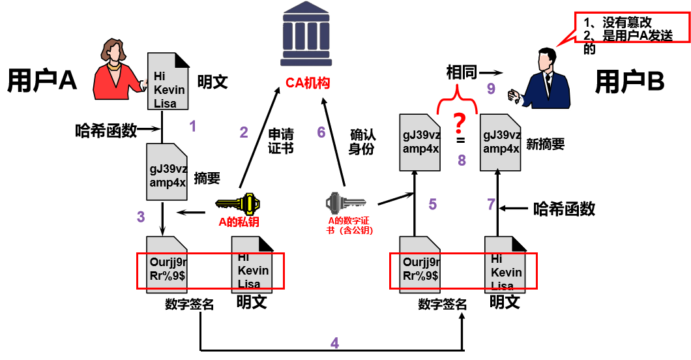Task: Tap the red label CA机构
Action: [x=308, y=83]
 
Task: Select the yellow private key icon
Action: [x=239, y=204]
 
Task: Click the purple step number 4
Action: [x=334, y=343]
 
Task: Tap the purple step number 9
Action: [x=492, y=89]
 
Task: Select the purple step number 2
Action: [x=244, y=133]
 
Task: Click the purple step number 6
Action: [x=321, y=133]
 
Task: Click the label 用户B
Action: [x=629, y=82]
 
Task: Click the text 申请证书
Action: [x=281, y=141]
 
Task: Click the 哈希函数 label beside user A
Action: [x=106, y=130]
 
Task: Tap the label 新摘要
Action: [x=545, y=145]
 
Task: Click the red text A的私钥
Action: [x=239, y=222]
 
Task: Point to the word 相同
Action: [x=462, y=72]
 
